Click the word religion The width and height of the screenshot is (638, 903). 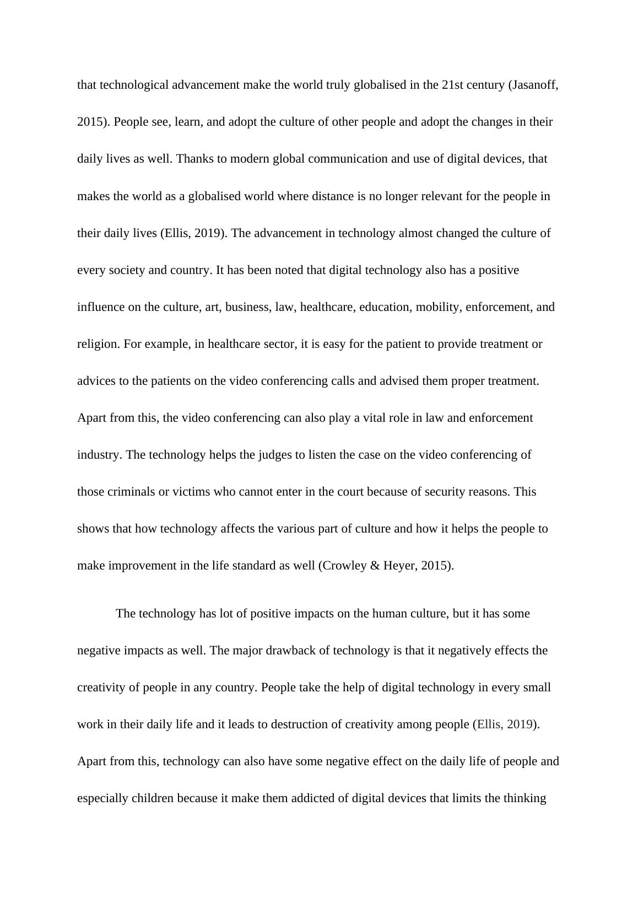click(98, 344)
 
